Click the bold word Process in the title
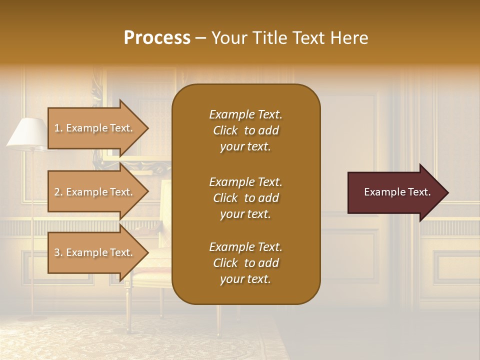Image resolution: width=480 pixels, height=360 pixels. pyautogui.click(x=157, y=38)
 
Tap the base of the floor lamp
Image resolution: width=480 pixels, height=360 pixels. pyautogui.click(x=33, y=316)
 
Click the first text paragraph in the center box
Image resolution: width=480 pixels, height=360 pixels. pyautogui.click(x=245, y=130)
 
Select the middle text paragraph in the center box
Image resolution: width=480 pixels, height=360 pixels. pyautogui.click(x=245, y=198)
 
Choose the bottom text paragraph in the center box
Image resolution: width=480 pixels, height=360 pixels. pyautogui.click(x=245, y=263)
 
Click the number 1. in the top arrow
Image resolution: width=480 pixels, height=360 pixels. pyautogui.click(x=58, y=128)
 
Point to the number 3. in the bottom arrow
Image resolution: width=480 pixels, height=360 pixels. pyautogui.click(x=58, y=252)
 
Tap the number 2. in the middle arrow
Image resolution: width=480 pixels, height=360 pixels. pyautogui.click(x=58, y=192)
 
